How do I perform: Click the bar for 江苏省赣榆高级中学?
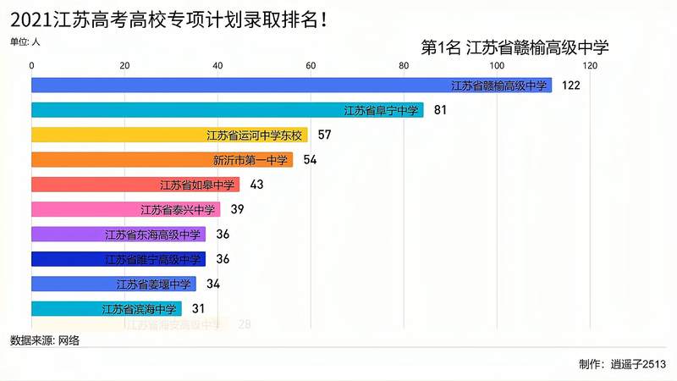tap(291, 86)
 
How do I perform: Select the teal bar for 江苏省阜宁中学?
tap(227, 110)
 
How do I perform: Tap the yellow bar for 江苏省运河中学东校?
tap(169, 135)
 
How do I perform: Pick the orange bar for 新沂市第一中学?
tap(162, 159)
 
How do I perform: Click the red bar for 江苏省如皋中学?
tap(135, 185)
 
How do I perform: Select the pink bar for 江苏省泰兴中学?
tap(125, 209)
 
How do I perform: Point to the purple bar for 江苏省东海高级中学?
tap(118, 235)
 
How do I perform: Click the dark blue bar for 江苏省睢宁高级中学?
tap(118, 259)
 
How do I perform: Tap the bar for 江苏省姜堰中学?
tap(113, 284)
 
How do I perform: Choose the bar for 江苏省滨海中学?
tap(106, 309)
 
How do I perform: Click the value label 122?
tap(570, 86)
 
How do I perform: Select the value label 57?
tap(324, 135)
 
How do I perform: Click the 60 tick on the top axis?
tap(311, 66)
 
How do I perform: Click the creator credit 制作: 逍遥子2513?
tap(622, 365)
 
